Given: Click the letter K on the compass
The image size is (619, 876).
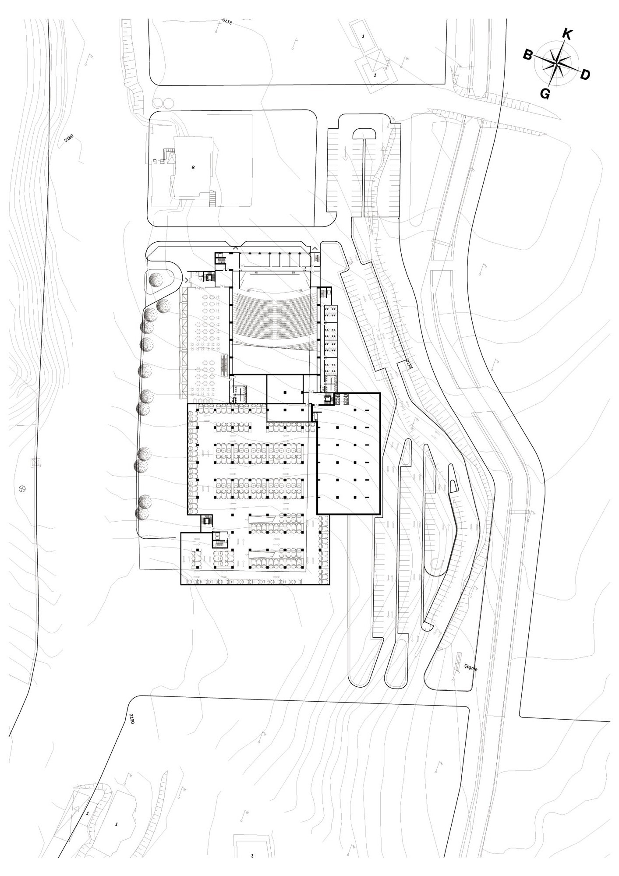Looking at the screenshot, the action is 567,34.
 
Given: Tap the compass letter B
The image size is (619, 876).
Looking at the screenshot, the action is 528,55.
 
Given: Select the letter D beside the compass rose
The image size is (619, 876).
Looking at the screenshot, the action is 585,75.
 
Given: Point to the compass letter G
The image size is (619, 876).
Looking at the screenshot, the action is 545,93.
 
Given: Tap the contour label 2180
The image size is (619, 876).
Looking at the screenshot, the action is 69,138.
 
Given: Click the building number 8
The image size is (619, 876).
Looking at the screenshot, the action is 193,167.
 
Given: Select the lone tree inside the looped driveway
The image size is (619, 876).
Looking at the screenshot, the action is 156,279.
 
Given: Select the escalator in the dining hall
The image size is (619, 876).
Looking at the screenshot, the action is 225,365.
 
